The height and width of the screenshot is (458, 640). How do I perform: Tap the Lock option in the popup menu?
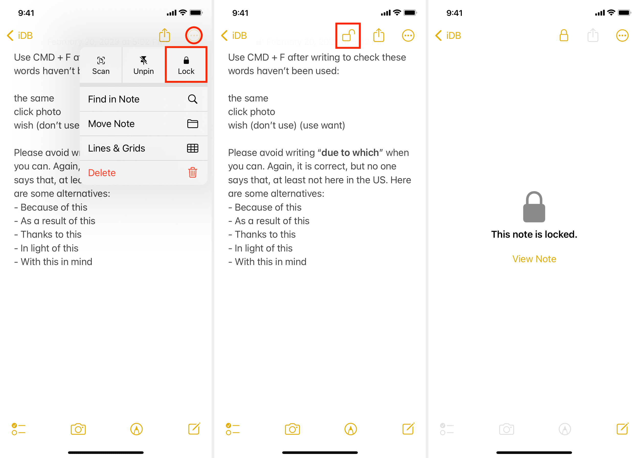click(x=186, y=65)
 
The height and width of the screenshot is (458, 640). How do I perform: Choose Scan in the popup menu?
click(x=101, y=65)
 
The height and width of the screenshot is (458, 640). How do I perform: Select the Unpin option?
click(x=143, y=65)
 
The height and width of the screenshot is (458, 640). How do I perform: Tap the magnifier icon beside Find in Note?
click(x=192, y=99)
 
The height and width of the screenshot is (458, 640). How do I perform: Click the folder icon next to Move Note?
click(x=192, y=123)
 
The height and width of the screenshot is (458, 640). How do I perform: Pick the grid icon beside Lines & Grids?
click(x=192, y=148)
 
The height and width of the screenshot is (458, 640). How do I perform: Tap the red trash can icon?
click(x=192, y=172)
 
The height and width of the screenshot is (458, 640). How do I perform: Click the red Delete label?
click(x=102, y=173)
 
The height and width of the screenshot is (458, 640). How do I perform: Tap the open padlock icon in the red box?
click(x=348, y=36)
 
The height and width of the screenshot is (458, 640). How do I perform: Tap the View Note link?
click(x=534, y=259)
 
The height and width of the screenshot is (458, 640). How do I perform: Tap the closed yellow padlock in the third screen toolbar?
click(x=564, y=36)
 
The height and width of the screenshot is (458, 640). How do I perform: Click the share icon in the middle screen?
click(x=379, y=36)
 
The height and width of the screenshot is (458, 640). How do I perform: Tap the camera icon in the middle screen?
click(x=292, y=429)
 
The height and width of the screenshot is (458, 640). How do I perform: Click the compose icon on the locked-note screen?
click(x=622, y=429)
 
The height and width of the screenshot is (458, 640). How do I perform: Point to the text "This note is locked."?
click(x=534, y=234)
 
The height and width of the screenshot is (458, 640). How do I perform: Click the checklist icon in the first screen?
click(x=19, y=429)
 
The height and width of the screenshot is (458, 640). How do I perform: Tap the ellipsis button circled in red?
click(x=194, y=36)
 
